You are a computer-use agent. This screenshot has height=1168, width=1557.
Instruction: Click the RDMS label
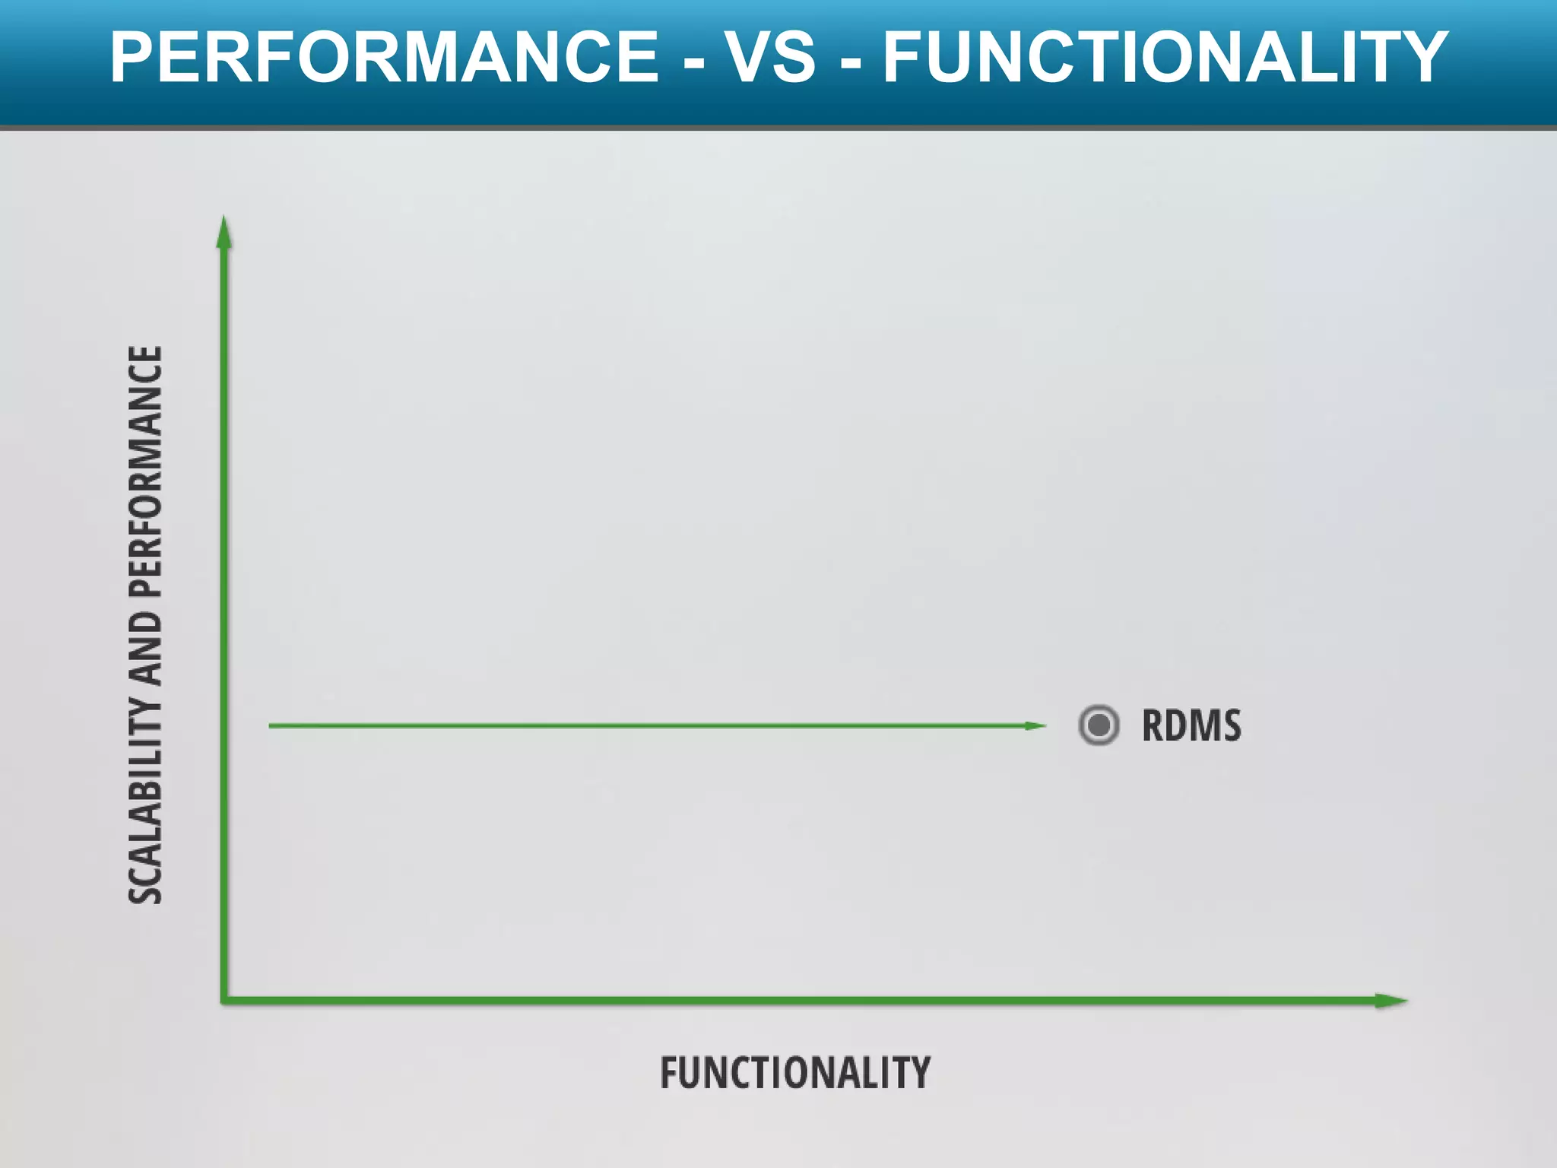coord(1191,725)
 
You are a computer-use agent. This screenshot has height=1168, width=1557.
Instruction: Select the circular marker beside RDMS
coord(1099,725)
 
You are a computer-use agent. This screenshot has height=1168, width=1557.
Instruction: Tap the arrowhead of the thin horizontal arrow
coord(1036,725)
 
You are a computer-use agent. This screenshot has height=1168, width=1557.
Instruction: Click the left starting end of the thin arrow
coord(271,725)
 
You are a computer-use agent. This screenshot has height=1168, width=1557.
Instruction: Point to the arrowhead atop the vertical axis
coord(224,231)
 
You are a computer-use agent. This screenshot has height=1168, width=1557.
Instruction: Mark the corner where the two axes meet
coord(224,1000)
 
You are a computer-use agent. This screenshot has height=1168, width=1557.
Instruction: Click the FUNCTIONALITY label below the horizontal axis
coord(794,1073)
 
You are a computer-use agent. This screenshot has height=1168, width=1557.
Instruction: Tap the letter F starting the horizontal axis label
coord(669,1073)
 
